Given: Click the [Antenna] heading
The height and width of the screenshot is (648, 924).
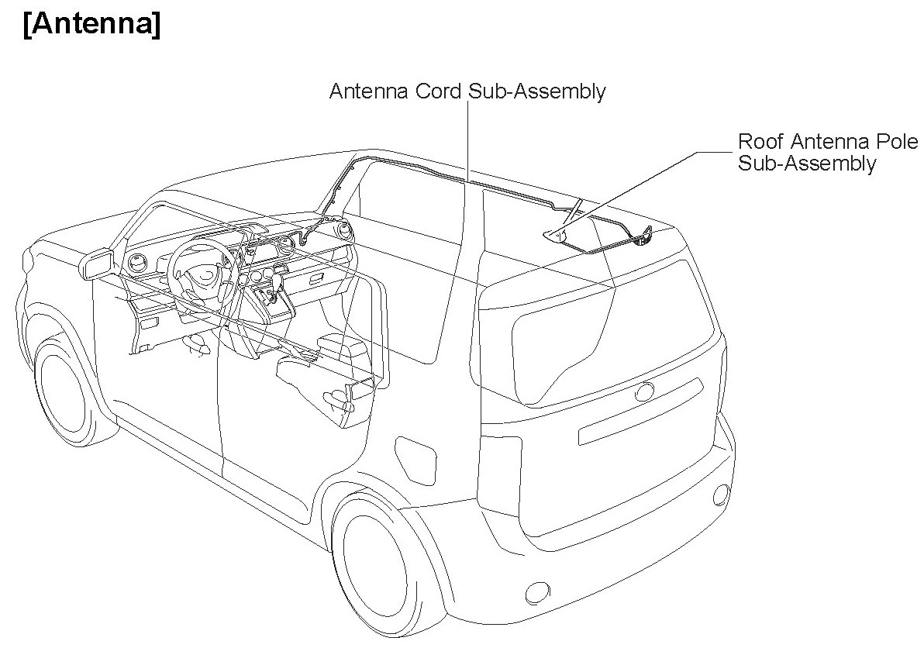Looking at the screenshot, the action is [91, 25].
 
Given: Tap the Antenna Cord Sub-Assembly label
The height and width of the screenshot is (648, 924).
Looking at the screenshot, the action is [467, 92].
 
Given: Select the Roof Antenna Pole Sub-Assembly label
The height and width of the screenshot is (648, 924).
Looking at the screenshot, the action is [828, 152].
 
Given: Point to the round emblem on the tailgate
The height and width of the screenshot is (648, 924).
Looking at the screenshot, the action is [645, 392].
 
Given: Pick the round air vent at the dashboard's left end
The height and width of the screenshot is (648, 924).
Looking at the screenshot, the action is [139, 263].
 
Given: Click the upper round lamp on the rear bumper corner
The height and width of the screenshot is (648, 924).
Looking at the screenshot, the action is [720, 495].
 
